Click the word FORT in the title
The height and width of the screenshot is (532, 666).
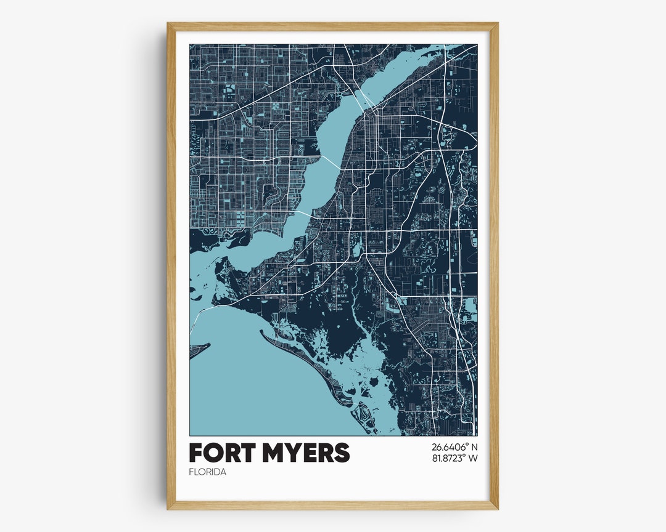220,453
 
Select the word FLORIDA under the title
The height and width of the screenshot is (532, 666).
208,472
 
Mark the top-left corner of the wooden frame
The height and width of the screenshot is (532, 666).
168,24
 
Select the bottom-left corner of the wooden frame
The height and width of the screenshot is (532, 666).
168,508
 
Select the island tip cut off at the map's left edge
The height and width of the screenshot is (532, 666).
197,350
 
